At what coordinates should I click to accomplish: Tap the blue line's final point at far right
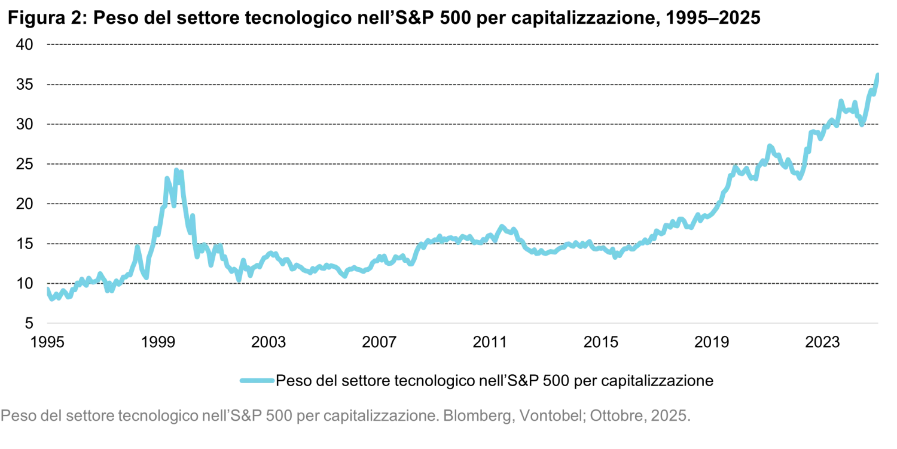[877, 74]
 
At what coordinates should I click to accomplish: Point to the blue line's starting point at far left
[46, 288]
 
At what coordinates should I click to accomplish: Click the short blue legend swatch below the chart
[257, 379]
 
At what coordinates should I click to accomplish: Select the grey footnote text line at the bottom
[347, 415]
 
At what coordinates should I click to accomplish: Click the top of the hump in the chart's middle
[501, 224]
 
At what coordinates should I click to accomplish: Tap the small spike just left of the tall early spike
[138, 247]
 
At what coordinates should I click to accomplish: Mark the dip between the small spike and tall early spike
[145, 277]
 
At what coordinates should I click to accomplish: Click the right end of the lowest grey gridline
[880, 284]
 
